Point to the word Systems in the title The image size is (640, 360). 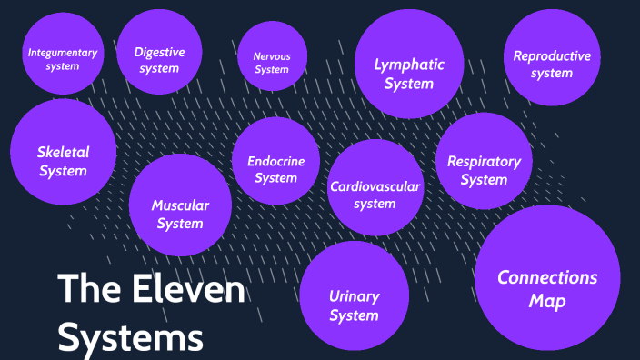pos(131,336)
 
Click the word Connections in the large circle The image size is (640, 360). pos(547,277)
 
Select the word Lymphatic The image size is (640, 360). pos(409,64)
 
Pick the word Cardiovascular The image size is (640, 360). pos(375,187)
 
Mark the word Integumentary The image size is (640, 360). pos(63,53)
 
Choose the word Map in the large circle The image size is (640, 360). pos(547,301)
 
